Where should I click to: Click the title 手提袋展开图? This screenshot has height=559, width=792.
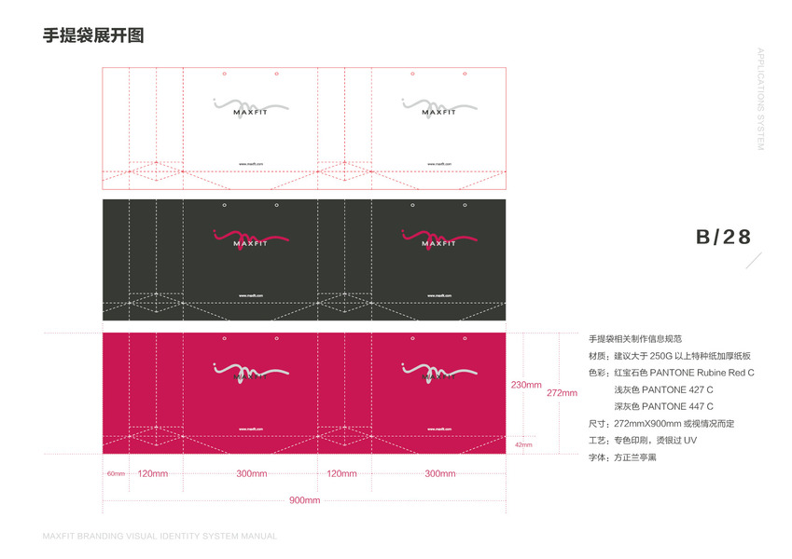[93, 36]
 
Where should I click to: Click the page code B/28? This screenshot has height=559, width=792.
[723, 237]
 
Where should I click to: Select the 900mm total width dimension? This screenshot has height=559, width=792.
[304, 500]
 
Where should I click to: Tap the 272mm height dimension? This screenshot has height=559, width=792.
[562, 392]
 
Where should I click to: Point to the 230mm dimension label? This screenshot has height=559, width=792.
[526, 385]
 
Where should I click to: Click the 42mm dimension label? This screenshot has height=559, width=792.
[523, 445]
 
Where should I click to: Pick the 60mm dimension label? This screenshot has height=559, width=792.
[115, 474]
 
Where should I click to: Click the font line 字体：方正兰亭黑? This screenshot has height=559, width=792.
[622, 457]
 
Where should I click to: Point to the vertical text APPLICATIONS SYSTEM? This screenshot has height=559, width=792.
[760, 100]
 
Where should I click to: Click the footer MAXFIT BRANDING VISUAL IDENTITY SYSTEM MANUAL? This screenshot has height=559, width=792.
[160, 537]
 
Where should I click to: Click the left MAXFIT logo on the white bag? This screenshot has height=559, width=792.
[250, 107]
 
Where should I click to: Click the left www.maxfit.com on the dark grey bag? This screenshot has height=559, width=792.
[250, 295]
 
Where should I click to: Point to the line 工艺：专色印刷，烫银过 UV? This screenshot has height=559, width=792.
[643, 440]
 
